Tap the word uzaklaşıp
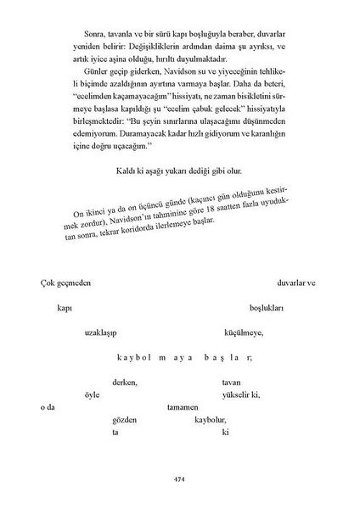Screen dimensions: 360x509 (x=103, y=333)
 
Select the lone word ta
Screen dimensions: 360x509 (x=115, y=433)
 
